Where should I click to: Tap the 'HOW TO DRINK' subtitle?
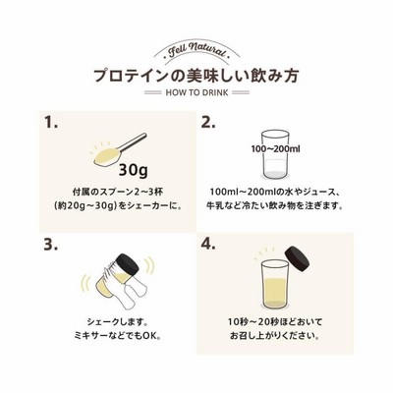[x=196, y=92]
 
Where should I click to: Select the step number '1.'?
[x=51, y=123]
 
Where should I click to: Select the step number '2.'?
[x=208, y=123]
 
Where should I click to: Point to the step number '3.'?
[x=51, y=245]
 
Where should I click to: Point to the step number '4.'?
[x=208, y=245]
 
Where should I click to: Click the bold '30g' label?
[x=133, y=170]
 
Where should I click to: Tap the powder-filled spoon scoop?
[x=106, y=155]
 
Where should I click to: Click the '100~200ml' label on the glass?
[x=275, y=149]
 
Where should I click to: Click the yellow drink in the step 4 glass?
[x=274, y=292]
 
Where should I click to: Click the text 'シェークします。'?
[x=117, y=322]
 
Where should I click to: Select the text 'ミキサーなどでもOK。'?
[x=117, y=336]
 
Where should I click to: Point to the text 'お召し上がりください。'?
[x=274, y=336]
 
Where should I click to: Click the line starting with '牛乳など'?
[x=274, y=206]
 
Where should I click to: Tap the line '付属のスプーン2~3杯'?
[x=117, y=192]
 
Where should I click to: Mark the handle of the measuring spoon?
[x=133, y=141]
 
